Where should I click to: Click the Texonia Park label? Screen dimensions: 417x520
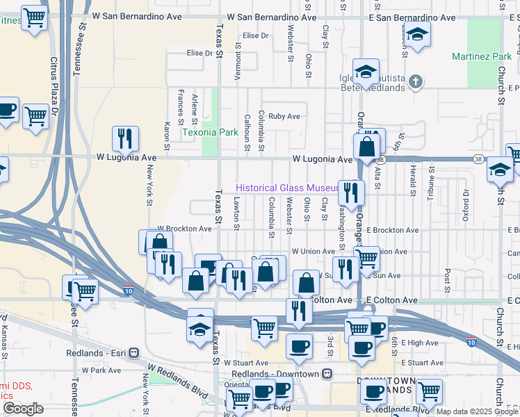click(x=210, y=132)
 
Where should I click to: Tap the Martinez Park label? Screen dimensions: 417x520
click(x=477, y=56)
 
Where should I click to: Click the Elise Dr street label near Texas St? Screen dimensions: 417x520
click(x=199, y=53)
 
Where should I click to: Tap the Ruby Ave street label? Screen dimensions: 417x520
click(x=284, y=117)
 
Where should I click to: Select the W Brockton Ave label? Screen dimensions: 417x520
click(x=184, y=229)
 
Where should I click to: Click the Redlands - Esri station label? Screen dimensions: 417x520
click(x=99, y=352)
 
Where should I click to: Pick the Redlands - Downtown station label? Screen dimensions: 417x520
click(x=275, y=374)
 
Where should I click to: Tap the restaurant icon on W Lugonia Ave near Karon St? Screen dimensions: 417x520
click(x=125, y=138)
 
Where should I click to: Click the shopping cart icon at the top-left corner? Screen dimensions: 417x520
click(x=34, y=18)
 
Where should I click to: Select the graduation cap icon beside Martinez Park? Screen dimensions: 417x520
click(x=417, y=33)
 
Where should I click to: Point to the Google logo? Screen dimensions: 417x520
click(x=23, y=409)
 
